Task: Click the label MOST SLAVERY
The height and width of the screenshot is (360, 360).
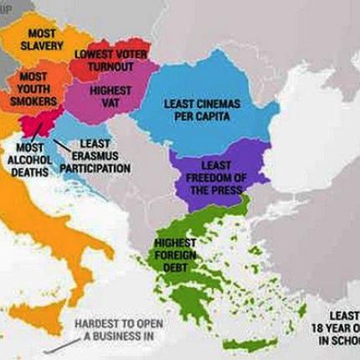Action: (37, 39)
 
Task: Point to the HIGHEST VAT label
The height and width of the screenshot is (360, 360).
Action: (109, 95)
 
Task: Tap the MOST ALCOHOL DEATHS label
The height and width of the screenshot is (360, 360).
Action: (30, 160)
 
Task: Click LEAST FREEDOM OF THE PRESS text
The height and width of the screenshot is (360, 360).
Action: (215, 177)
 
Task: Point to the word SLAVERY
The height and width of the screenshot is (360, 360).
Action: (37, 44)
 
